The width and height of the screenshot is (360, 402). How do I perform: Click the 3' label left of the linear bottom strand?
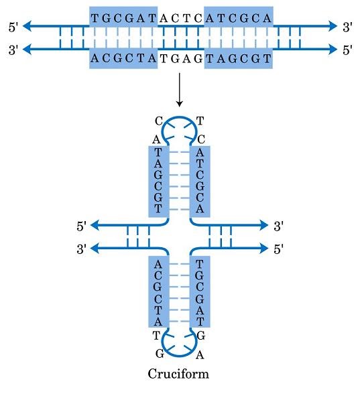pos(13,50)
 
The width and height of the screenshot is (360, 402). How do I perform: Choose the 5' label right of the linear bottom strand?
pos(347,50)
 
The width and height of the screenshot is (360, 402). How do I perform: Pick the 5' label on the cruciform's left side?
pos(82,226)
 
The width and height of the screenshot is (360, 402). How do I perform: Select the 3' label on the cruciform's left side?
pos(82,249)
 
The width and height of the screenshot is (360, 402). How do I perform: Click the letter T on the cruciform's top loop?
pos(199,121)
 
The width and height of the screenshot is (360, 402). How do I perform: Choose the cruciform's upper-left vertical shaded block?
pos(158,181)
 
